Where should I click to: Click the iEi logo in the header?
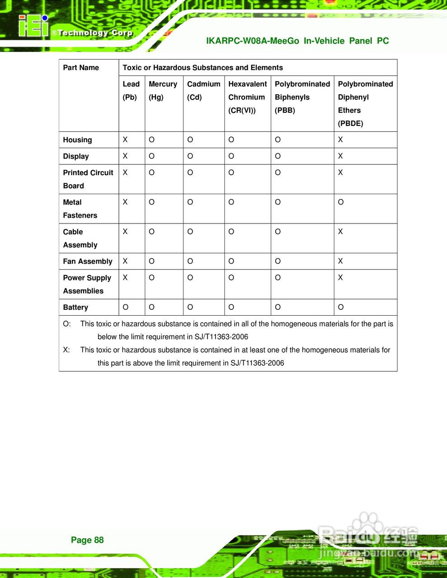pos(33,27)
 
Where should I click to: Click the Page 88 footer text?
pos(87,540)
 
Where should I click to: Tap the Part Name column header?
pos(81,68)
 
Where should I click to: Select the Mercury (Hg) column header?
pos(163,90)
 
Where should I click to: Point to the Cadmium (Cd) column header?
pos(203,90)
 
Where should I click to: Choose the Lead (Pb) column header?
pos(131,90)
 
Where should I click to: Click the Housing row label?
pos(77,140)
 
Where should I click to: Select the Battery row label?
pos(75,308)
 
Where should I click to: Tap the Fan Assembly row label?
pos(88,261)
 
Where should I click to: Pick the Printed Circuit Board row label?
pos(88,179)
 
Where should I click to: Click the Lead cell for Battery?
pos(125,308)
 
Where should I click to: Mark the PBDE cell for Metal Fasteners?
pos(341,202)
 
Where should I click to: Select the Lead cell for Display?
pos(125,156)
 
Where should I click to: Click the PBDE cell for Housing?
pos(340,140)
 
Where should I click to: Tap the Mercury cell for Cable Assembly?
pos(151,232)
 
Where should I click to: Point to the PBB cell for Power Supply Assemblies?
pos(278,278)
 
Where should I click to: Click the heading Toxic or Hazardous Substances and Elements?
pos(202,68)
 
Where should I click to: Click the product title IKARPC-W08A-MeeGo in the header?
pos(252,41)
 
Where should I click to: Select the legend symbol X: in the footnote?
pos(66,350)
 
